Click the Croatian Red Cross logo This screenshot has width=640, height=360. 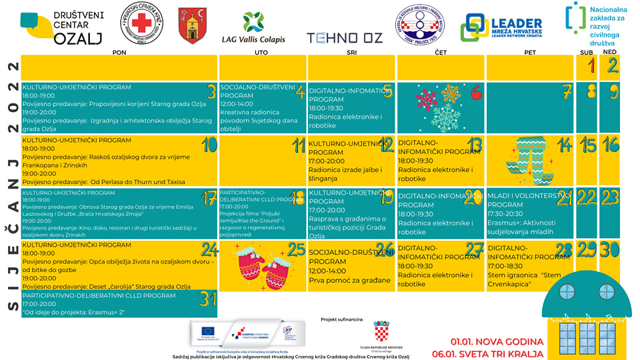point(141,24)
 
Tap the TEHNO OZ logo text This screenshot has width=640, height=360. point(345,38)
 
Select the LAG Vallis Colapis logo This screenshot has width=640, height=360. point(253,28)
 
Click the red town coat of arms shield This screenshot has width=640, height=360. point(192,26)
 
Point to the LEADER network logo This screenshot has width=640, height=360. point(503,27)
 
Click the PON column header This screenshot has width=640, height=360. point(119,52)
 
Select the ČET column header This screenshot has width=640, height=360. point(441,52)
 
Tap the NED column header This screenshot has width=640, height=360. point(609,52)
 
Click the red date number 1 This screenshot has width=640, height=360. point(591,65)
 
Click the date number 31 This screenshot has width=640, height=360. point(208,299)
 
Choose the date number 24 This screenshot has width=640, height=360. point(210,250)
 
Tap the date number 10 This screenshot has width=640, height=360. point(209,145)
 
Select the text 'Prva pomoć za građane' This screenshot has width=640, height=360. point(349,280)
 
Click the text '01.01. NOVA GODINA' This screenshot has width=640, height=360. point(497,341)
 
